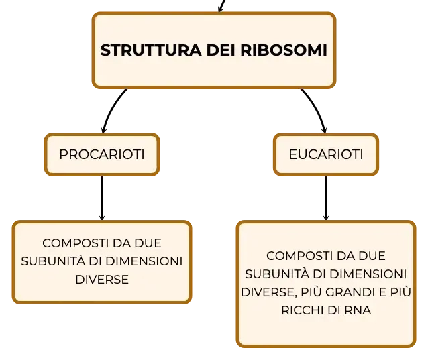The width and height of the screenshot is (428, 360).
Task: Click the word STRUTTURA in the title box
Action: [151, 50]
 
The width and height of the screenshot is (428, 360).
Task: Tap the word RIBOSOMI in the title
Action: [284, 50]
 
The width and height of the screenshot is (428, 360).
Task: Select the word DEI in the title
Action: [221, 50]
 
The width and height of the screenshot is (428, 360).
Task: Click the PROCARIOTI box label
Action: [102, 154]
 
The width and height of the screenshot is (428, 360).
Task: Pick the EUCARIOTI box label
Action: [326, 154]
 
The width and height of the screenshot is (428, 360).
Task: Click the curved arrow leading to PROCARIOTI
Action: [111, 109]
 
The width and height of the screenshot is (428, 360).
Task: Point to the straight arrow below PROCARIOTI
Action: [102, 198]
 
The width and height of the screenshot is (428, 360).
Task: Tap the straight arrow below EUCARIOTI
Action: [326, 198]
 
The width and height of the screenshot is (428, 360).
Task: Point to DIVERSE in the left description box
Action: [102, 280]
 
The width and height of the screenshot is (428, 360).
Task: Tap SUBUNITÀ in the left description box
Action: [53, 261]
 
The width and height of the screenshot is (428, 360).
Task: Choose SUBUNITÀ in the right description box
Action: [277, 274]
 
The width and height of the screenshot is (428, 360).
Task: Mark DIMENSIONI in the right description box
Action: [368, 274]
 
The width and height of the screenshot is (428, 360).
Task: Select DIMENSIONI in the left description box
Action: [144, 261]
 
